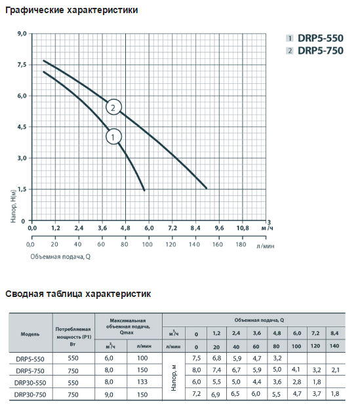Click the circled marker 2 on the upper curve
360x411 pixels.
[113, 108]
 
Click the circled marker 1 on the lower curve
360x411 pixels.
[113, 137]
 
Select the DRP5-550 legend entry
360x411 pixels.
[315, 38]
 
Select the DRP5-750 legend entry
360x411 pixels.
[315, 50]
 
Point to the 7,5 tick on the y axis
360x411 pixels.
[22, 65]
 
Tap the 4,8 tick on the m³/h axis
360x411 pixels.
[125, 228]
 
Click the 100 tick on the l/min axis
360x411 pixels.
[148, 245]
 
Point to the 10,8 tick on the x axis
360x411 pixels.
[243, 228]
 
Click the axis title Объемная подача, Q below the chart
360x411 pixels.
[60, 256]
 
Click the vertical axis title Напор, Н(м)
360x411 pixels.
[13, 206]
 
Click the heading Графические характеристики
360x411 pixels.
[71, 10]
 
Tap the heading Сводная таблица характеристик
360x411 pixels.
[78, 294]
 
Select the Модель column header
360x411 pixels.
[30, 334]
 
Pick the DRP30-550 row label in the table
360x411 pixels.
[30, 383]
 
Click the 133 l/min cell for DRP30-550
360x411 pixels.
[142, 382]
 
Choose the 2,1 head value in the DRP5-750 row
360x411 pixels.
[335, 370]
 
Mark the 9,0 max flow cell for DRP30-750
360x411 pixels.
[109, 395]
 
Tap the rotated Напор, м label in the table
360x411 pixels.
[173, 378]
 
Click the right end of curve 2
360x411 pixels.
[207, 188]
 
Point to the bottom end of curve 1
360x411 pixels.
[144, 190]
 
